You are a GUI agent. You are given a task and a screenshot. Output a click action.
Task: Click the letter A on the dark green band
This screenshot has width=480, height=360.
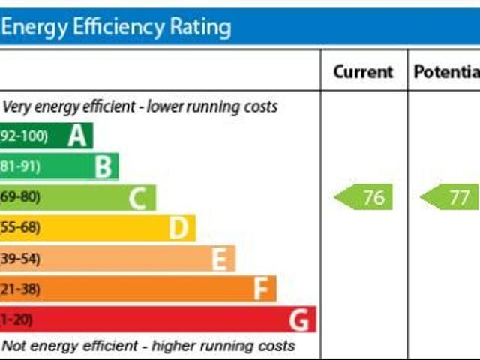click(x=77, y=136)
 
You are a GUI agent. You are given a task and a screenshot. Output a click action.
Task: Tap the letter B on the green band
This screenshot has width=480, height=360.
click(x=103, y=166)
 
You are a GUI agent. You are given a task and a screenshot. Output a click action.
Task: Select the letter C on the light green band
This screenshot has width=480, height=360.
click(x=137, y=199)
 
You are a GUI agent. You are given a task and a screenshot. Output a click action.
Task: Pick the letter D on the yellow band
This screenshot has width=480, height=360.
click(x=178, y=228)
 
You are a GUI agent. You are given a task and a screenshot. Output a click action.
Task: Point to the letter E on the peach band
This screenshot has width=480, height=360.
click(x=219, y=259)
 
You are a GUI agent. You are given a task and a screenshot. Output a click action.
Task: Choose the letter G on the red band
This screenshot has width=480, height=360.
click(x=299, y=320)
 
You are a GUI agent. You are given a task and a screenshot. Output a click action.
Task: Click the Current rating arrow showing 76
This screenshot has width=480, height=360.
click(x=364, y=198)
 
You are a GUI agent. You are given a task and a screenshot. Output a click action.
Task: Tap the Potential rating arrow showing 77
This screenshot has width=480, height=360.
click(x=450, y=198)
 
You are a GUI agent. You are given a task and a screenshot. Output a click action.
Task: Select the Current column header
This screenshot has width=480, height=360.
click(x=363, y=72)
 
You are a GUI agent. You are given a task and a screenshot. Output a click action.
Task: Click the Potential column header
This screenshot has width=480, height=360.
click(x=446, y=72)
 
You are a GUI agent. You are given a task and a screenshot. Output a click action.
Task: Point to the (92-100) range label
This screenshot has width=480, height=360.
click(x=24, y=136)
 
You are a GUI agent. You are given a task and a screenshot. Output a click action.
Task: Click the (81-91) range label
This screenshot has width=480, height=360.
click(x=20, y=166)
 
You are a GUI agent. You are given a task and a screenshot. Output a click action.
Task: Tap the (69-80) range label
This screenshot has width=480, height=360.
click(x=20, y=197)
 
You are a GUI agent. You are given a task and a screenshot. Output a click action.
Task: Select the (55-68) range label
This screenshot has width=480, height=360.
click(x=20, y=227)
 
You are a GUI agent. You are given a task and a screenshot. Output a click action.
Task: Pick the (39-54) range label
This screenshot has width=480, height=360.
click(x=20, y=258)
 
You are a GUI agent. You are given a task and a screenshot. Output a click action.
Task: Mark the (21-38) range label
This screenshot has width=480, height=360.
click(x=20, y=289)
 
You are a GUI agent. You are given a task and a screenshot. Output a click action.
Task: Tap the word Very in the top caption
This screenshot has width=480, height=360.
click(x=16, y=106)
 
